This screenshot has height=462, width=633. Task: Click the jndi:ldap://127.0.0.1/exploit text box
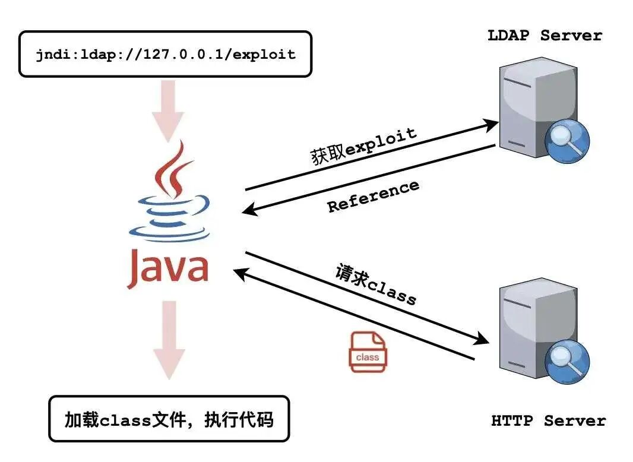coord(165,54)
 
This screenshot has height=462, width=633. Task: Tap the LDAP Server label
coord(545,36)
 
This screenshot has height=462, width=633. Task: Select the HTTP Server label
coord(549,421)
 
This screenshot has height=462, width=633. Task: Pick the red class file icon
coord(367,352)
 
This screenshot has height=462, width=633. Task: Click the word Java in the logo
coord(168,269)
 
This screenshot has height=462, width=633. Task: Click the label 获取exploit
coord(363,147)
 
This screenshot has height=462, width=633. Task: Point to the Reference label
coord(374,196)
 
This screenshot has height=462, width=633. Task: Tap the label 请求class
coord(376,283)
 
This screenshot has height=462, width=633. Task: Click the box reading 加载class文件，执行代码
coord(169,419)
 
